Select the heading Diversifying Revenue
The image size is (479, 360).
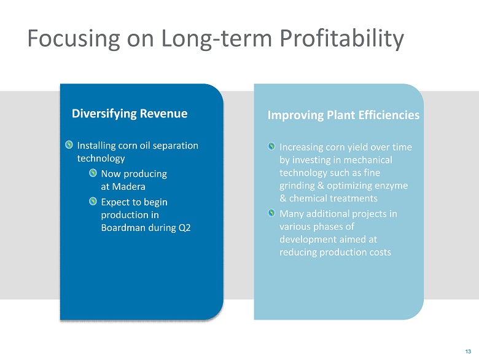tap(130, 114)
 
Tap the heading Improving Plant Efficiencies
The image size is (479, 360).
tap(343, 115)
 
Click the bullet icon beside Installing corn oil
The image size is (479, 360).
tap(69, 145)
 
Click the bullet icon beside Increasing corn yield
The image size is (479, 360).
tap(271, 146)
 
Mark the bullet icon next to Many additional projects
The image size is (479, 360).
tap(271, 213)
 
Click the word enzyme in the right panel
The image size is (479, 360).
tap(391, 186)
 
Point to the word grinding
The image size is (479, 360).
tap(297, 186)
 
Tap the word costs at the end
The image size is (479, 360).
tap(378, 252)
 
